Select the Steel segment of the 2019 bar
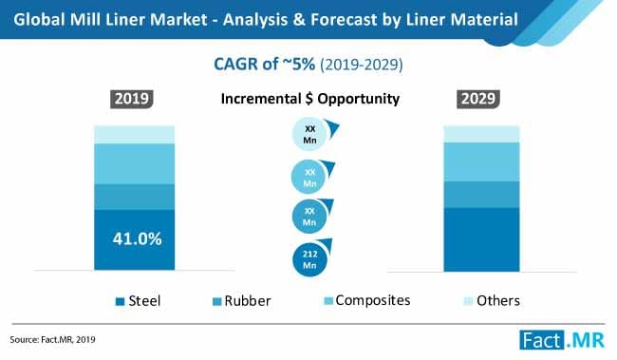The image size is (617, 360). click(x=135, y=239)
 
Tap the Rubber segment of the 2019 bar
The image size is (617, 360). click(x=135, y=197)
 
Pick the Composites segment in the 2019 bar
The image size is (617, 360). click(x=135, y=163)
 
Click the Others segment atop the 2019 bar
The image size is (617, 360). click(x=135, y=134)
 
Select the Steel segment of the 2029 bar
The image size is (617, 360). click(x=482, y=238)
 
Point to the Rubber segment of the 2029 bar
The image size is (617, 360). click(x=482, y=194)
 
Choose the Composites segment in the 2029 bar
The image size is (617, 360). click(x=482, y=161)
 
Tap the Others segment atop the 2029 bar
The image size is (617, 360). click(x=482, y=134)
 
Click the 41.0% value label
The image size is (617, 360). click(x=135, y=239)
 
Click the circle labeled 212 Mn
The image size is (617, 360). click(x=308, y=258)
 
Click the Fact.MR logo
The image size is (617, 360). click(x=560, y=337)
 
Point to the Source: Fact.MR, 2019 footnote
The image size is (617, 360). click(x=54, y=338)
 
